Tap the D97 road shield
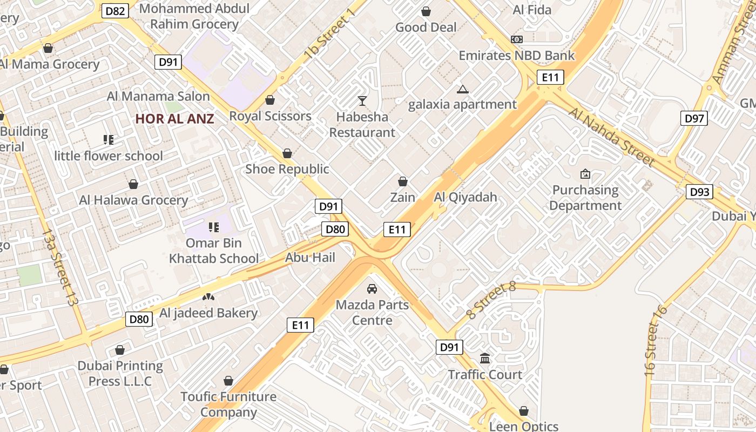pyautogui.click(x=693, y=118)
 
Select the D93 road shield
pyautogui.click(x=699, y=192)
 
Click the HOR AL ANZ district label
pyautogui.click(x=174, y=119)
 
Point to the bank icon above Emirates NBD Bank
pyautogui.click(x=517, y=39)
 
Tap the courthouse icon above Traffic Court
pyautogui.click(x=485, y=359)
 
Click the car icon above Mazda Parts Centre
pyautogui.click(x=372, y=289)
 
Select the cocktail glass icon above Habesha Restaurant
pyautogui.click(x=362, y=100)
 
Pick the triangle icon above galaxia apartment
pyautogui.click(x=462, y=89)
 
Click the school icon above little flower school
pyautogui.click(x=109, y=140)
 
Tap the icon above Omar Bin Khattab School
pyautogui.click(x=214, y=227)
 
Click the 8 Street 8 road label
pyautogui.click(x=491, y=300)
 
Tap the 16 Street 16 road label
pyautogui.click(x=656, y=341)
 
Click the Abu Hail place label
pyautogui.click(x=310, y=258)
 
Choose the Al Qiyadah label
pyautogui.click(x=465, y=197)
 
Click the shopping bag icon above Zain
pyautogui.click(x=402, y=181)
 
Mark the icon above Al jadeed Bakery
pyautogui.click(x=208, y=297)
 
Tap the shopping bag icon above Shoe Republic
pyautogui.click(x=287, y=153)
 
